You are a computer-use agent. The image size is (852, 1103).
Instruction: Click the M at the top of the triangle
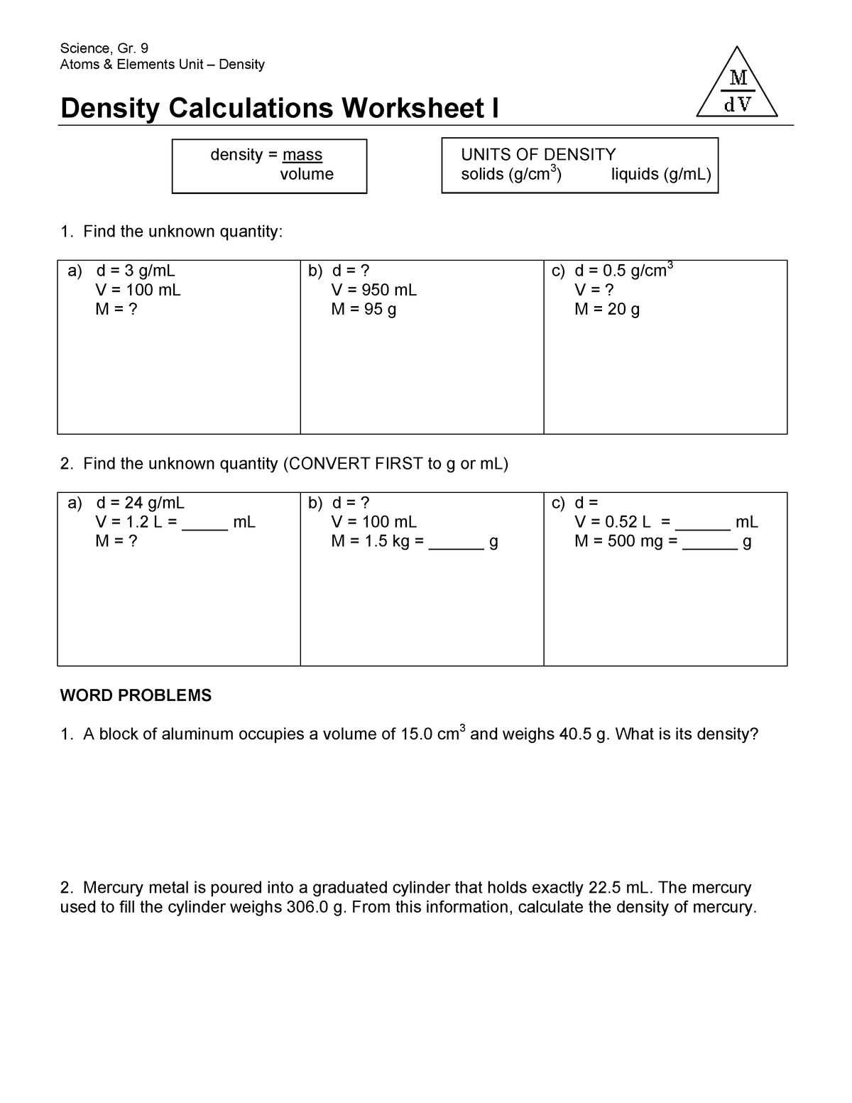[x=738, y=77]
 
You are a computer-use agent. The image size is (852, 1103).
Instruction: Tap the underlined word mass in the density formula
[x=302, y=155]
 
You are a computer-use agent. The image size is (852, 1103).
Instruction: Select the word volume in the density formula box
[x=307, y=174]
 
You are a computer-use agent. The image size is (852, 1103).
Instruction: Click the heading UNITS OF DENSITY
[x=538, y=154]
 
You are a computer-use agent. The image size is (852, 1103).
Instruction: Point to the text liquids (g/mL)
[x=661, y=174]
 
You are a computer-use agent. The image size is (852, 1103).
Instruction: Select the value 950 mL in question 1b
[x=390, y=290]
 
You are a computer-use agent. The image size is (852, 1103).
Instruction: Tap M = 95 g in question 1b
[x=364, y=309]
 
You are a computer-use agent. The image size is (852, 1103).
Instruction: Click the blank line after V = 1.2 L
[x=204, y=528]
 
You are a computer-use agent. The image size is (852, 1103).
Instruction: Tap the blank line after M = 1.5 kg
[x=456, y=547]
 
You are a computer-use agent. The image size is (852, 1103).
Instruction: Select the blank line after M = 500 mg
[x=709, y=547]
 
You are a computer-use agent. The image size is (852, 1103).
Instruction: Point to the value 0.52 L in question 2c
[x=626, y=522]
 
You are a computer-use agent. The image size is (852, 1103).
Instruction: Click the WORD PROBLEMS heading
[x=136, y=695]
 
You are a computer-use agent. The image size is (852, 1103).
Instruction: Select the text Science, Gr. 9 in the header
[x=104, y=48]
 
